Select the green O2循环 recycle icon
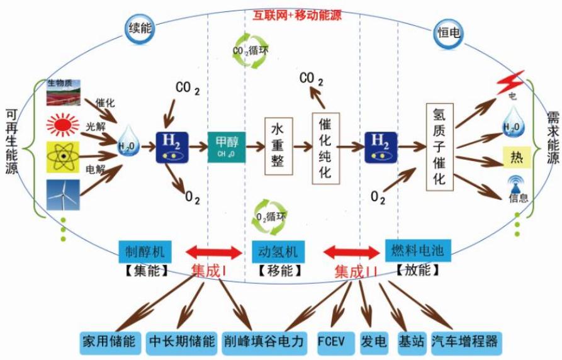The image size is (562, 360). click(267, 217)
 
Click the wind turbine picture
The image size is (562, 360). click(63, 194)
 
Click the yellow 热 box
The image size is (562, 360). click(517, 157)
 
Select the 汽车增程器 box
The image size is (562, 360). click(466, 342)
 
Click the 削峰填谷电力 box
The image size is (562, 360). click(264, 342)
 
